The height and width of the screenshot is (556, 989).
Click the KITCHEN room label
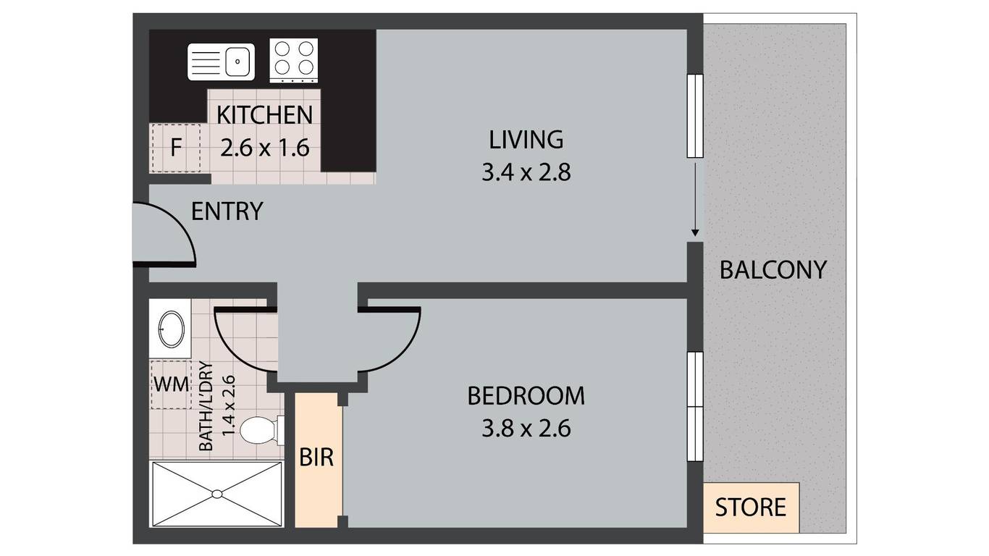click(x=264, y=115)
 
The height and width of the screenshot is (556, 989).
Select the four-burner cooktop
click(x=294, y=61)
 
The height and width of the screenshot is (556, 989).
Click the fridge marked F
click(x=176, y=148)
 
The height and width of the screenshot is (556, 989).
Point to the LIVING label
click(x=526, y=140)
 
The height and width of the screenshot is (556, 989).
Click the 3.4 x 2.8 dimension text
click(x=526, y=172)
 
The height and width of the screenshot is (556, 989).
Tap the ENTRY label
click(x=227, y=211)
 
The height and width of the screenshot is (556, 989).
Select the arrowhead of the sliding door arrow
click(x=695, y=232)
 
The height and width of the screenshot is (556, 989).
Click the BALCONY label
click(x=773, y=270)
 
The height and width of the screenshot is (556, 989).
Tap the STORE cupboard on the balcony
click(x=751, y=507)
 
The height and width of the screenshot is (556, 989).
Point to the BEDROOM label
click(x=526, y=396)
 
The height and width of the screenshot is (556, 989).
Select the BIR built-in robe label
click(x=316, y=458)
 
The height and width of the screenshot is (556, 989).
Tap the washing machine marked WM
click(x=172, y=384)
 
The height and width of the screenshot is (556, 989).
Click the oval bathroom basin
click(x=172, y=329)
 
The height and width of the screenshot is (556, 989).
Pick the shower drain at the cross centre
click(x=216, y=494)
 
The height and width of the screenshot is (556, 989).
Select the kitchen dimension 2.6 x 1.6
click(x=264, y=148)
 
